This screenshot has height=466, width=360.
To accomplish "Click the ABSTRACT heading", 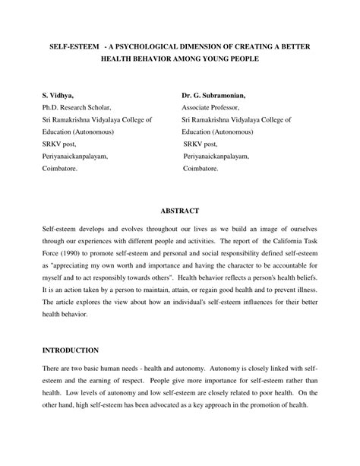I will click(179, 210).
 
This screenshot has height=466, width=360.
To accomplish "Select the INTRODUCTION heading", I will click(70, 350).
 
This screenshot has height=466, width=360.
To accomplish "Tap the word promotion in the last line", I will click(263, 404).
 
